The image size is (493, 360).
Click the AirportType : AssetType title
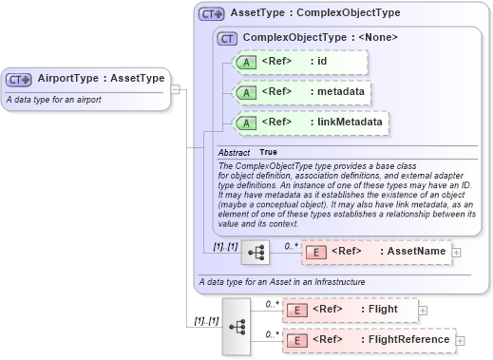tap(101, 79)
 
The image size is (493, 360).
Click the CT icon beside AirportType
tap(19, 79)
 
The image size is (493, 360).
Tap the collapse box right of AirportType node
tap(176, 89)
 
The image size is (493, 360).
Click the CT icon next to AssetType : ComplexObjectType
tap(211, 14)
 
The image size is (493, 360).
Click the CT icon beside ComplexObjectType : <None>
tap(228, 38)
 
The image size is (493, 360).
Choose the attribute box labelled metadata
tap(301, 92)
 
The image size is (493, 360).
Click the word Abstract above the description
tap(234, 152)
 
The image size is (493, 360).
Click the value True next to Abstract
tap(269, 152)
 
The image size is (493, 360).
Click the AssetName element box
tap(376, 252)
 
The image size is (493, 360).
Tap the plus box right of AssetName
tap(457, 252)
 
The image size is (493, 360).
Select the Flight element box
tap(349, 310)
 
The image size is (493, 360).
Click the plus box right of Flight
tap(423, 310)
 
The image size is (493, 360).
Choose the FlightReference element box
tap(369, 339)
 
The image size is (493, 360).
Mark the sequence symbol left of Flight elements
tap(236, 326)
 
